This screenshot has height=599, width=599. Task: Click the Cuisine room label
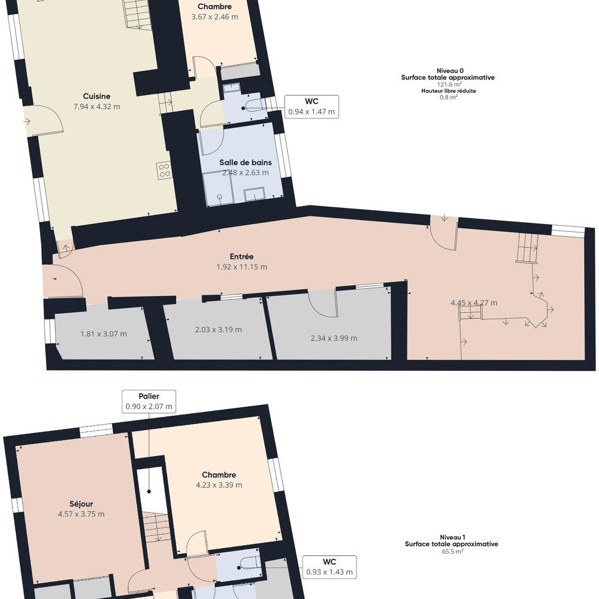point(96,96)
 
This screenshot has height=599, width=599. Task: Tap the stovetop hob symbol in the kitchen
point(164,170)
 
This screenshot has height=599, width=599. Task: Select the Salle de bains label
point(246,162)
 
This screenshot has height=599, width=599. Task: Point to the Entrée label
point(241,257)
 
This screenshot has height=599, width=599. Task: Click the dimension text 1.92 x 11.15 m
point(242,267)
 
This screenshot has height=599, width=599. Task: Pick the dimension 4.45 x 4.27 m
point(474,303)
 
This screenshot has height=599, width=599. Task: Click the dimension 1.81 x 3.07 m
point(104,334)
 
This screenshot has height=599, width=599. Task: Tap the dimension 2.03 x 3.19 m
point(218,329)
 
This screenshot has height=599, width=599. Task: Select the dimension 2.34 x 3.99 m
point(334,338)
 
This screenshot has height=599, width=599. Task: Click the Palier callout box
point(149,401)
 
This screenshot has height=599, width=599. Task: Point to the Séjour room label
point(81,504)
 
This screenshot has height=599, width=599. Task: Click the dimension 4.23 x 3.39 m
point(219,485)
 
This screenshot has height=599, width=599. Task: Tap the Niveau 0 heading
point(450,71)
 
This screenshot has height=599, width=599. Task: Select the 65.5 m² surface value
point(452,551)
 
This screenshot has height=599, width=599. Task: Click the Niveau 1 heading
point(452,537)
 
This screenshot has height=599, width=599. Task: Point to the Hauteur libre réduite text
point(449,91)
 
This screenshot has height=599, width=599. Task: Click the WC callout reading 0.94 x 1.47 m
point(311,107)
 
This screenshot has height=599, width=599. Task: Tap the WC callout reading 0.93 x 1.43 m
point(329,567)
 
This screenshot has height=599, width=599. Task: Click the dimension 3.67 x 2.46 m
point(214,17)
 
